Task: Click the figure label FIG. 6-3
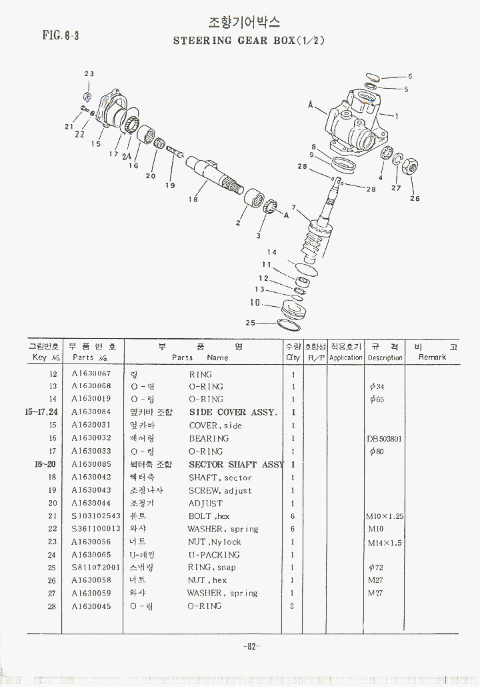coord(61,35)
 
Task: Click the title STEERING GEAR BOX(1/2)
coord(249,41)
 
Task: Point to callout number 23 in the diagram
coord(89,74)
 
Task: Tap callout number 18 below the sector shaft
coord(193,199)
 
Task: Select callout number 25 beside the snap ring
coord(251,323)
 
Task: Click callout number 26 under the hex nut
coord(415,198)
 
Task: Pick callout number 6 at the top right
coord(410,76)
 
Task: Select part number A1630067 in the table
coord(91,374)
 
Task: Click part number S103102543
coord(97,516)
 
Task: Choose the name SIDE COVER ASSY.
coord(233,412)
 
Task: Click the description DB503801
coord(385,438)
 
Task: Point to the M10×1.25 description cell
coord(385,516)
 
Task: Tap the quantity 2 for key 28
coord(292,606)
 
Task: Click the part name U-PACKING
coord(213,555)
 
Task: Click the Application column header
coord(346,352)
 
